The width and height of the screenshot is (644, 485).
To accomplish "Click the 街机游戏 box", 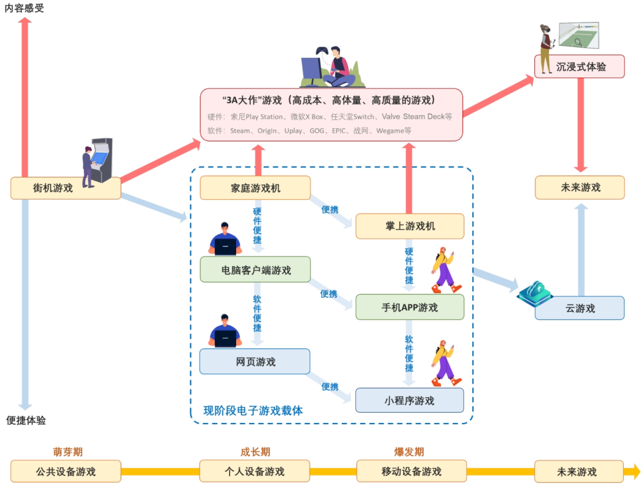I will (x=66, y=188).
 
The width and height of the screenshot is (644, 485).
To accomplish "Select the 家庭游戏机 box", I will (x=255, y=188).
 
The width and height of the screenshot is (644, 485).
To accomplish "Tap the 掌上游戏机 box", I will (x=410, y=226).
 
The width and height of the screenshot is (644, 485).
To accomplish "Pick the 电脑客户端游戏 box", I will (x=255, y=270).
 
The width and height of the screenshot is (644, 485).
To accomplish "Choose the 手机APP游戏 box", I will (x=410, y=307).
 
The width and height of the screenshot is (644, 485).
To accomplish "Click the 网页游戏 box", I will (x=255, y=362).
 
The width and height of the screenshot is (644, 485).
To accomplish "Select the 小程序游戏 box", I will (x=410, y=400).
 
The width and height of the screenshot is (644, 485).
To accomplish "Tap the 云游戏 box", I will (x=580, y=308).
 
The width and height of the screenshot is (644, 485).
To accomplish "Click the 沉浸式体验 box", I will (x=580, y=66).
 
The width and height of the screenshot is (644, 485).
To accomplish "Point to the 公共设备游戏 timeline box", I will (x=66, y=471).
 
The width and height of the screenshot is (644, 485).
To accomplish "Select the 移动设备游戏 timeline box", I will (x=411, y=471).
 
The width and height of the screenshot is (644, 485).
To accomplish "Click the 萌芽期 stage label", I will (x=67, y=452).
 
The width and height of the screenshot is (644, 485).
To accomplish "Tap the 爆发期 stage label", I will (x=409, y=452).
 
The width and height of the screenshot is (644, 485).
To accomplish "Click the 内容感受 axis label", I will (x=24, y=8).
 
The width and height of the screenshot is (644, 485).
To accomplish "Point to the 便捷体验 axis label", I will (x=26, y=421).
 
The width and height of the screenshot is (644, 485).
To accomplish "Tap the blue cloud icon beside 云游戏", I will (x=534, y=291).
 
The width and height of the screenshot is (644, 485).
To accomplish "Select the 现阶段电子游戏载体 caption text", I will (x=253, y=410).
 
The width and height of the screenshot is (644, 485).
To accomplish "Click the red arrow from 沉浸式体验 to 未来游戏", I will (x=580, y=125).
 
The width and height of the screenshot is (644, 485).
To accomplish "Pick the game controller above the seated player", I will (x=321, y=51).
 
